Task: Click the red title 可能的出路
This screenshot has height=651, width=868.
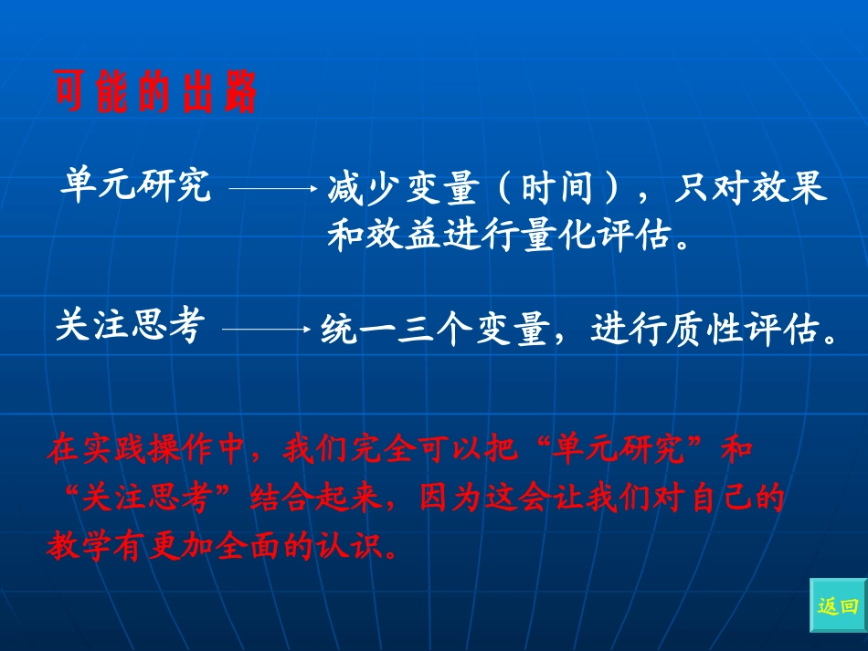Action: click(x=156, y=94)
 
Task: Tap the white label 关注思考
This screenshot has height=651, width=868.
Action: click(x=127, y=326)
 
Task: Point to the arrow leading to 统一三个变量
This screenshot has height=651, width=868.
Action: click(x=266, y=329)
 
